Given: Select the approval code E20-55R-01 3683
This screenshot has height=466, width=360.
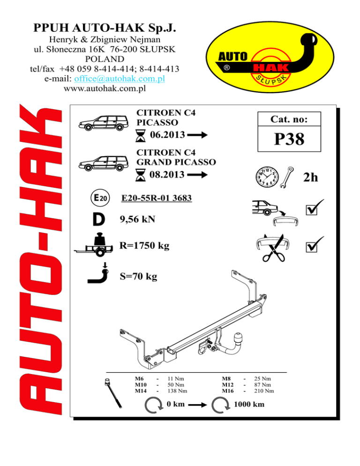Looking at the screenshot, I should click(156, 199).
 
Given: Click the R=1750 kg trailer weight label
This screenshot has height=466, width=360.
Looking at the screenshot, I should click(144, 246).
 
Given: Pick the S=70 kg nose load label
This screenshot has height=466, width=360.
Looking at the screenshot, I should click(138, 277).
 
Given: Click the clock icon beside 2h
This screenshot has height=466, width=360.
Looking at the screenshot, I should click(265, 177).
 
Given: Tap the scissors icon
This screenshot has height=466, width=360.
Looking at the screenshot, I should click(273, 248).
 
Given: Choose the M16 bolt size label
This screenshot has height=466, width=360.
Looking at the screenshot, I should click(228, 391).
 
